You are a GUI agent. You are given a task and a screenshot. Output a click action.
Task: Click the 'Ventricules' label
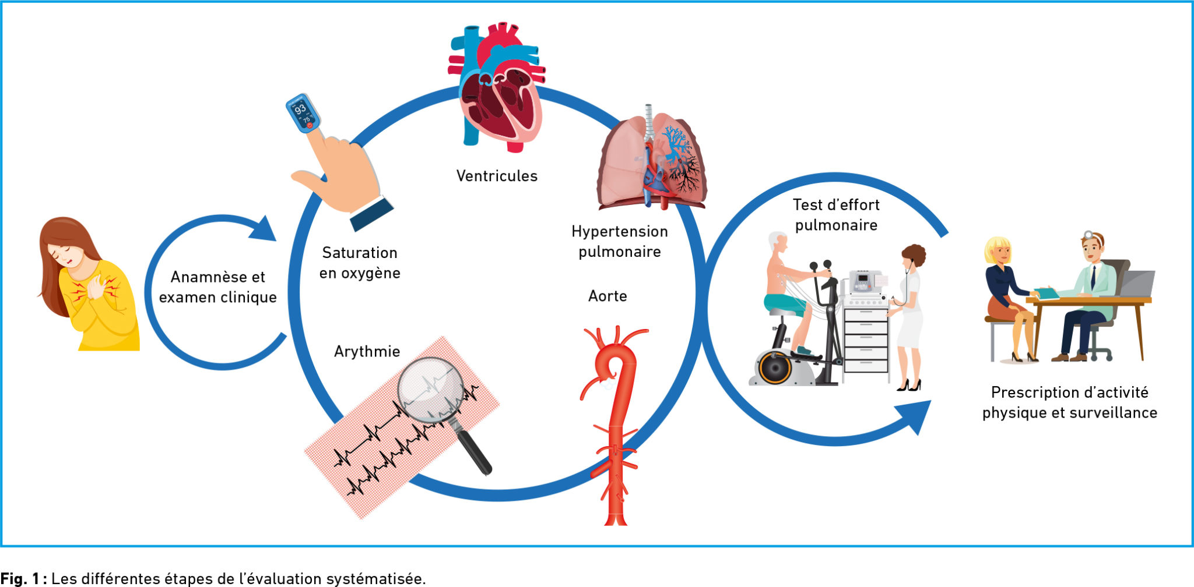coord(497,176)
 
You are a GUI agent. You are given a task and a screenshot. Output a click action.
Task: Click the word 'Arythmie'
coord(367,352)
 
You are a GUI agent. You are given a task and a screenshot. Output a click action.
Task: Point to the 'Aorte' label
coord(607,296)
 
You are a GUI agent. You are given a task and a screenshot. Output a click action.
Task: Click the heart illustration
coord(497,87)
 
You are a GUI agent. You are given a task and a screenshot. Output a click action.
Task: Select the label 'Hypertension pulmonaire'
coord(619,242)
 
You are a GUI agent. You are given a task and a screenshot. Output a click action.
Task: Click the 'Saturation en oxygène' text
coord(360,263)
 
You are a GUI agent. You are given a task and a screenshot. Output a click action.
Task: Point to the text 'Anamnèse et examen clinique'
coord(217,287)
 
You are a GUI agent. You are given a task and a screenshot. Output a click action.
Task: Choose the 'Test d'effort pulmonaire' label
coord(836,215)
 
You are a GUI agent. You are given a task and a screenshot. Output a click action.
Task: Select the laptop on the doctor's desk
coord(1136,284)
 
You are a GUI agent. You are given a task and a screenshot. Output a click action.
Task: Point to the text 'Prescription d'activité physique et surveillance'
coord(1069,402)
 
